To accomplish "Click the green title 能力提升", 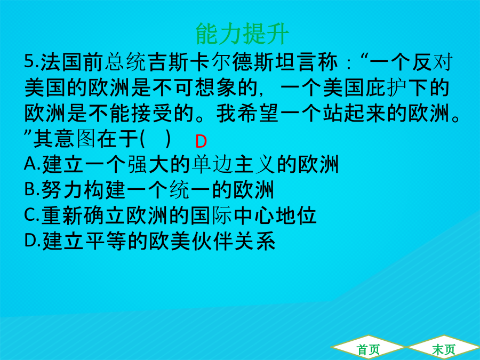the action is (x=242, y=34).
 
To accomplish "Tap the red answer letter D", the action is (x=201, y=141).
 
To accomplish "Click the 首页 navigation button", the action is (x=368, y=349).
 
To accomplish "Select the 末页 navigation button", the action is (x=444, y=349).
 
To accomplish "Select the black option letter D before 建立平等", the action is (x=30, y=241).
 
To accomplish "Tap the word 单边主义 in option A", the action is (x=234, y=164).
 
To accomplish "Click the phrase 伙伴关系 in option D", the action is (x=234, y=241).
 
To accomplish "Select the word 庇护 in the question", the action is (x=386, y=87).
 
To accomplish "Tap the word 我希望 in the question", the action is (x=247, y=113).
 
